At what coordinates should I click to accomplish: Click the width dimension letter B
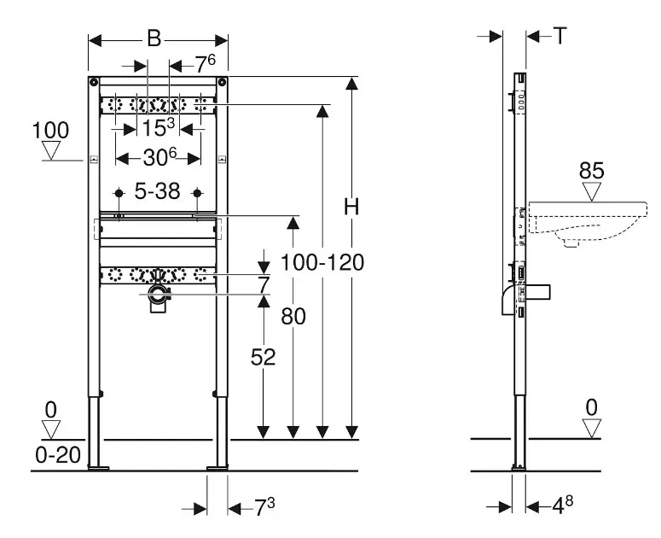tap(154, 38)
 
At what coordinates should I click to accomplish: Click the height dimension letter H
tap(351, 207)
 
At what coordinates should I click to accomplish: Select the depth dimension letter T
tap(560, 35)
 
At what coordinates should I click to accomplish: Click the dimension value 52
tap(264, 358)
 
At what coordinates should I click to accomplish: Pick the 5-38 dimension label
tap(157, 192)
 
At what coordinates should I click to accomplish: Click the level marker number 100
tap(51, 132)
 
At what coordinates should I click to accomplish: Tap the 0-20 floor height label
tap(58, 455)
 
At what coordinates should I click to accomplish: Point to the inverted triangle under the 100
tap(52, 152)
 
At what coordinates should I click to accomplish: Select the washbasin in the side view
tap(580, 221)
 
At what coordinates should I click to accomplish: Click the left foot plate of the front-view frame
tap(99, 466)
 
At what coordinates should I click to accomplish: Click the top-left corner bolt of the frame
tap(92, 83)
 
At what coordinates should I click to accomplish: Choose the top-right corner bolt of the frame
tap(223, 83)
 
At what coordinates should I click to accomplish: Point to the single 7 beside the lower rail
tap(264, 283)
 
